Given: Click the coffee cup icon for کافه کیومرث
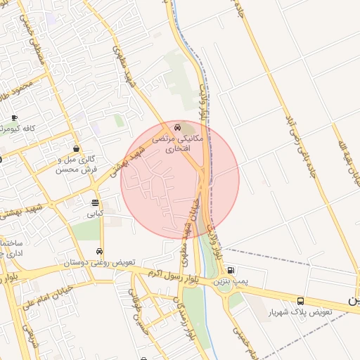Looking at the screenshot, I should [x=15, y=117].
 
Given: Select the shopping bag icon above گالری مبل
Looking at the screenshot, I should [x=76, y=148].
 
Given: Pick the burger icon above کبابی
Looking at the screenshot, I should [x=95, y=202].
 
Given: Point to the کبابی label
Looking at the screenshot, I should [x=95, y=213].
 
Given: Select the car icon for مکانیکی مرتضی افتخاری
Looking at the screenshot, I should [x=178, y=128].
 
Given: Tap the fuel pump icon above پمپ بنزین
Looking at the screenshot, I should [x=231, y=270].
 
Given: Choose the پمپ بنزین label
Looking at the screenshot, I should [x=231, y=281].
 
